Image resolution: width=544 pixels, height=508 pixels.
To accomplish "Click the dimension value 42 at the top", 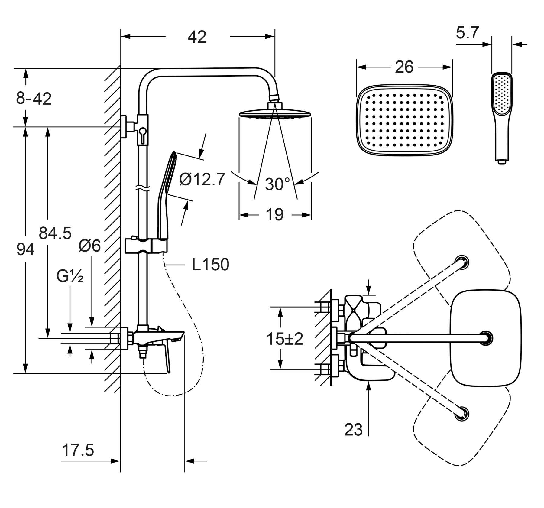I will (x=197, y=37).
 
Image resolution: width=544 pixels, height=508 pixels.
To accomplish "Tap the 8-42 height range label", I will (x=34, y=99).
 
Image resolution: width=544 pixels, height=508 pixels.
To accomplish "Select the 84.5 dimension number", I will (x=55, y=233).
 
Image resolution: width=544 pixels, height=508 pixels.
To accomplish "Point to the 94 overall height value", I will (x=25, y=250).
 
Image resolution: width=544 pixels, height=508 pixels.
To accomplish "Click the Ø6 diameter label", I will (x=89, y=246).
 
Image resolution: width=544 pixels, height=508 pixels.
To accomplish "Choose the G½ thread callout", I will (x=70, y=276).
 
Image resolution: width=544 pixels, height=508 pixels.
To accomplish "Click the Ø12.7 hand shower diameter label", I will (x=202, y=179).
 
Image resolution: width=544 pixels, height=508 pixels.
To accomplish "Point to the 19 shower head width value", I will (x=274, y=215).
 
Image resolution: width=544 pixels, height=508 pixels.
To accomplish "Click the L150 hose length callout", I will (x=211, y=265).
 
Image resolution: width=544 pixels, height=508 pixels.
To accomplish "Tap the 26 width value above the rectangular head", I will (x=404, y=67).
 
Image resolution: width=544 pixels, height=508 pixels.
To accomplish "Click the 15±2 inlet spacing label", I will (x=285, y=339).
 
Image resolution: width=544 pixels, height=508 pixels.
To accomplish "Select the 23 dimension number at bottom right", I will (x=353, y=430).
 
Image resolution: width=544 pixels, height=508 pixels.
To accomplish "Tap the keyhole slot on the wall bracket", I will (x=143, y=133).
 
